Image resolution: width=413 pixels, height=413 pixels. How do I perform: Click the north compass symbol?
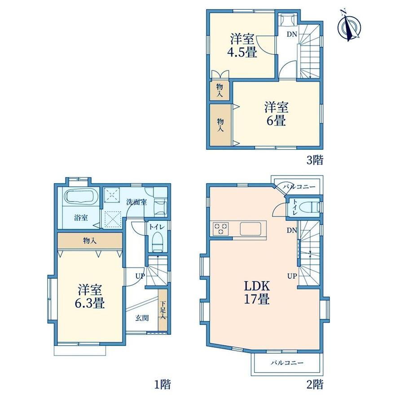point(349,25)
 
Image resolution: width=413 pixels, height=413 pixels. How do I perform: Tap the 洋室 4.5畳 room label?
point(242,46)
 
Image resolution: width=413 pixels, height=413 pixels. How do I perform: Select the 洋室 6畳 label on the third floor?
point(276,114)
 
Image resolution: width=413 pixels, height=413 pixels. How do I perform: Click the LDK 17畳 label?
point(256,292)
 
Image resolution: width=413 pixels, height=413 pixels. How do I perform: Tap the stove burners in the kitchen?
point(221,228)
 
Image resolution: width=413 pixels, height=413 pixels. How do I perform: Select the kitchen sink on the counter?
point(250,228)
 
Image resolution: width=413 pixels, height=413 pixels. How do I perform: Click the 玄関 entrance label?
point(142,318)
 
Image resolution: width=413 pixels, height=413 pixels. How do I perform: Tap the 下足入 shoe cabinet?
point(163,310)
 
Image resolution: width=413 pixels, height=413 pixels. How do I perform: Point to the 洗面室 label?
point(136,202)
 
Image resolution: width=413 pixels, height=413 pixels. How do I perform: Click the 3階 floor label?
point(315,160)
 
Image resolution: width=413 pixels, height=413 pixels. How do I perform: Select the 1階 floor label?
point(162,385)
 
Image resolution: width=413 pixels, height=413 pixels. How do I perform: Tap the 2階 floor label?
point(315,385)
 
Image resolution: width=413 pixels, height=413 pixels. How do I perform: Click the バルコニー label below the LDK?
point(287,363)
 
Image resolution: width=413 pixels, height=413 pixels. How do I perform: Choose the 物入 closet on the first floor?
point(90,241)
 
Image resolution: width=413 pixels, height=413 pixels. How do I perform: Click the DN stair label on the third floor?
point(292,34)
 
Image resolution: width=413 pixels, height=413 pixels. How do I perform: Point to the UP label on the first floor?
point(140,276)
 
